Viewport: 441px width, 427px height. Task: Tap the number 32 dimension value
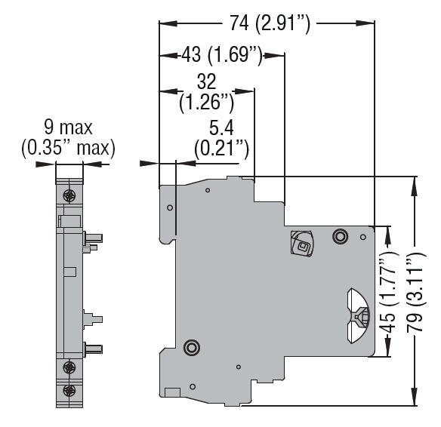205,81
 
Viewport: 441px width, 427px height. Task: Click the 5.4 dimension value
220,128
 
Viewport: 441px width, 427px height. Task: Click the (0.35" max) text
67,147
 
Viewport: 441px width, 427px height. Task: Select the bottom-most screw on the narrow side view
69,390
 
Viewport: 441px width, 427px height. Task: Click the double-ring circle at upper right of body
340,238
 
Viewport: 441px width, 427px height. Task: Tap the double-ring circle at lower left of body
191,348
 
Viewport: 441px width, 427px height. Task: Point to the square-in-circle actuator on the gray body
301,244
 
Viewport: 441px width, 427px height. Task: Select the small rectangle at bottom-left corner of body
171,391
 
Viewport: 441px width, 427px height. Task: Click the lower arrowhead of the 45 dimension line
388,351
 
